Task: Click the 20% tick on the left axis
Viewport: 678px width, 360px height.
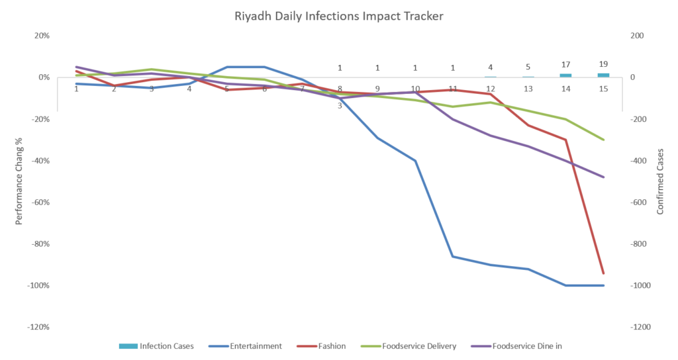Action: [x=42, y=36]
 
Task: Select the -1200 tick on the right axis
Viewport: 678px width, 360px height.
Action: [x=640, y=327]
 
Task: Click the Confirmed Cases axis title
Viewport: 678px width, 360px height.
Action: [x=660, y=181]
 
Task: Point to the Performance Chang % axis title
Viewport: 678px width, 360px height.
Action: [x=19, y=181]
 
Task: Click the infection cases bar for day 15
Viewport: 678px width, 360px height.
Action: [x=603, y=75]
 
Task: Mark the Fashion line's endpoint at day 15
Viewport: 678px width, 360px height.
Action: [x=603, y=273]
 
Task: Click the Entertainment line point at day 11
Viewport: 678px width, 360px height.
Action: [x=453, y=256]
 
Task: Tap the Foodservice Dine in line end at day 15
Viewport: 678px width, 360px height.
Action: [x=603, y=177]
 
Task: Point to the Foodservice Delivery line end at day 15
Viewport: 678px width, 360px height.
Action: [x=603, y=140]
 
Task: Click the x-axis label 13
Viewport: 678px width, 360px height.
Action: [x=528, y=89]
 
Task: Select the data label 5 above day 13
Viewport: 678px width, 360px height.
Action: [x=528, y=67]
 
